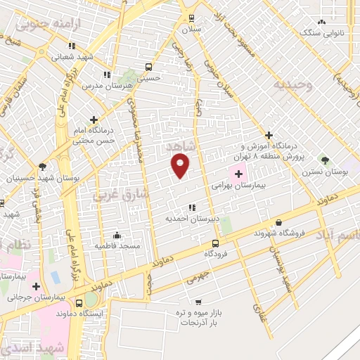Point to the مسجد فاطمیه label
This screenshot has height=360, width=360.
(x=120, y=246)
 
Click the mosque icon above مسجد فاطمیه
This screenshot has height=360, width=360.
(x=116, y=235)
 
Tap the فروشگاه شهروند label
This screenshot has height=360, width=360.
(x=278, y=233)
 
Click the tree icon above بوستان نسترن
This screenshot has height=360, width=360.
(x=325, y=160)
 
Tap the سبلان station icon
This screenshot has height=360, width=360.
(x=192, y=19)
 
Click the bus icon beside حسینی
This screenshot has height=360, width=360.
(x=148, y=67)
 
